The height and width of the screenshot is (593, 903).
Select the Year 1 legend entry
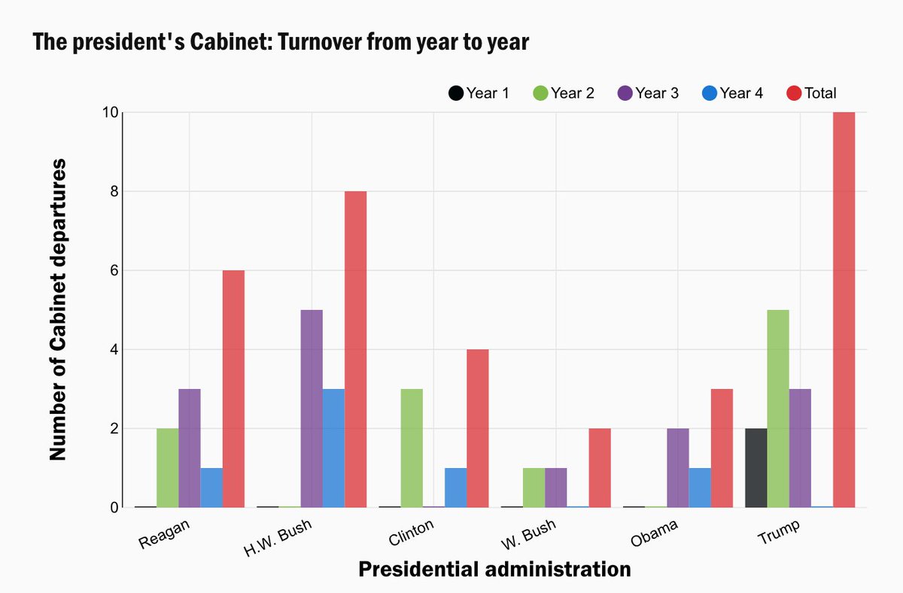tap(479, 93)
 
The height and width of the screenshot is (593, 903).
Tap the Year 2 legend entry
tap(564, 93)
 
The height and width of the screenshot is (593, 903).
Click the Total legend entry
tap(812, 93)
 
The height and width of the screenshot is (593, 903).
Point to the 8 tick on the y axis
tap(113, 191)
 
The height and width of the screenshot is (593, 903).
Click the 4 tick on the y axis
tap(113, 350)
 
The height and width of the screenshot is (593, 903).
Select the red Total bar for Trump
tap(844, 309)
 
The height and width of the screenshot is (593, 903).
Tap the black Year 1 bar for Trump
tap(756, 467)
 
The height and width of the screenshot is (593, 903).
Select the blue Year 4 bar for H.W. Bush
tap(333, 448)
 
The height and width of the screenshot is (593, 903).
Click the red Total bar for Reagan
tap(233, 388)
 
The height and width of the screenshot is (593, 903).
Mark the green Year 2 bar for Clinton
tap(412, 448)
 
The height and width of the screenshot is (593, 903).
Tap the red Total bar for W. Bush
tap(599, 467)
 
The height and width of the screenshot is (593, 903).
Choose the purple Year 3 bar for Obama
tap(678, 467)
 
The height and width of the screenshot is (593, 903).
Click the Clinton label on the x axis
tap(412, 535)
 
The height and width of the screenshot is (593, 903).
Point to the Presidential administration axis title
tap(494, 569)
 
